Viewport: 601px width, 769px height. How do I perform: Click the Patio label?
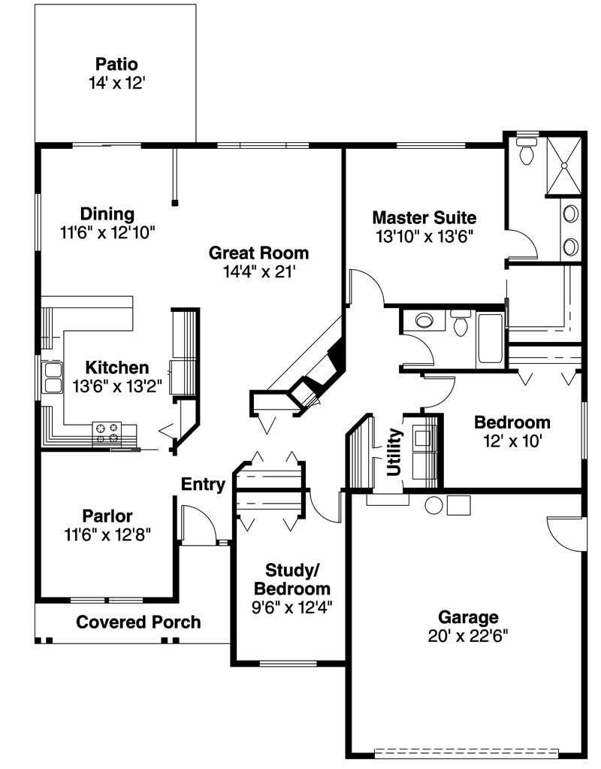(x=116, y=63)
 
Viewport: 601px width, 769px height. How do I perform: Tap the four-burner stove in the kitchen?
(x=106, y=432)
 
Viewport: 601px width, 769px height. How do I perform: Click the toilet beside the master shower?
(x=527, y=151)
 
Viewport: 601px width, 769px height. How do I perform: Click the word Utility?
(x=393, y=452)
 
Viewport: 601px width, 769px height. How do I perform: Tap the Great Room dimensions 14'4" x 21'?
(x=259, y=271)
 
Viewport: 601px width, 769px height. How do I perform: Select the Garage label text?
(x=468, y=617)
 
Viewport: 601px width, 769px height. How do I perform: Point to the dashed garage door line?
(x=467, y=749)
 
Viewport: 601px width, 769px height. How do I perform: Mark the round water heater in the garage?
(x=433, y=505)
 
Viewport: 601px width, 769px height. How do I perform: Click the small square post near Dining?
(x=175, y=202)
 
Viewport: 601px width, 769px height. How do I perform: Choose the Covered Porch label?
(x=138, y=622)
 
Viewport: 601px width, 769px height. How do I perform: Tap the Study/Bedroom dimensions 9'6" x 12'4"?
(x=292, y=606)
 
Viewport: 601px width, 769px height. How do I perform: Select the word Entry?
(x=203, y=485)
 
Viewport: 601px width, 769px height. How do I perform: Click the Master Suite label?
(x=424, y=218)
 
